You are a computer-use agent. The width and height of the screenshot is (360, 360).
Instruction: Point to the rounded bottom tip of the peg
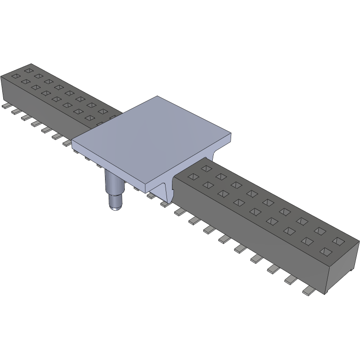(115, 207)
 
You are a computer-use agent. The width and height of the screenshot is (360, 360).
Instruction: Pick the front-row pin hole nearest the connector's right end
(326, 251)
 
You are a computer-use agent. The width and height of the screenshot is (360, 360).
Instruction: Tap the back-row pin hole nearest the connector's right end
(339, 241)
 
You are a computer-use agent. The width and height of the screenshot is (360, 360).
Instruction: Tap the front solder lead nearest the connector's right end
(306, 292)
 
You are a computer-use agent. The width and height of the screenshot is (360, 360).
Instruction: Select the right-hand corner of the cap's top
(231, 134)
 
